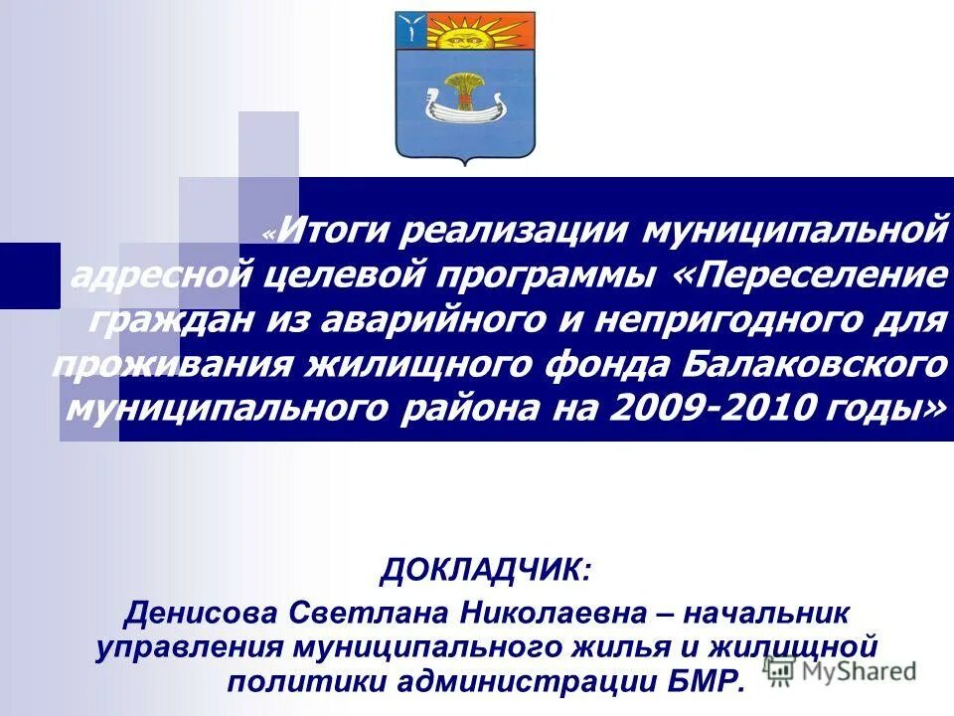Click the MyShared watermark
[845, 671]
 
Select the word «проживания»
[173, 363]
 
